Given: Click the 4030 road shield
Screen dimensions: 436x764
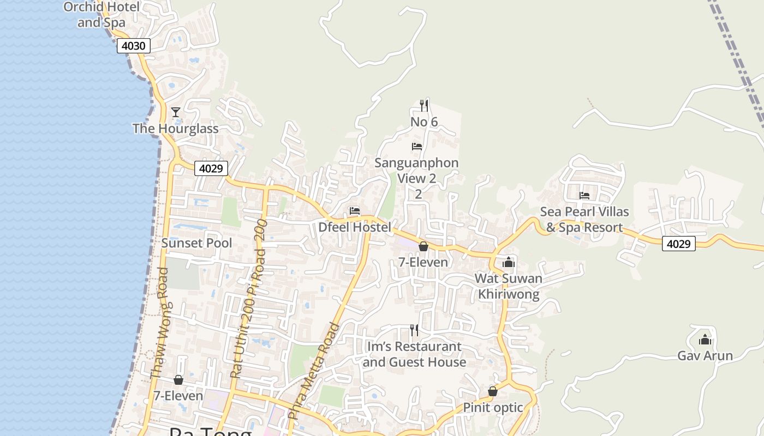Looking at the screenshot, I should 133,46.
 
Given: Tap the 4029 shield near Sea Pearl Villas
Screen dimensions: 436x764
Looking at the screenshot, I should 679,244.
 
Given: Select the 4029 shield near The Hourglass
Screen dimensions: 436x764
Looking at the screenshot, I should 211,168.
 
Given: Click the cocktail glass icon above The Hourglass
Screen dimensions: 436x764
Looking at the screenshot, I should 176,112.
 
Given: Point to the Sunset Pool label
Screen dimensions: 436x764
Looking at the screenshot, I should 196,243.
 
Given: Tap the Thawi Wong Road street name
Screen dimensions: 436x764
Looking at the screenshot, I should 159,323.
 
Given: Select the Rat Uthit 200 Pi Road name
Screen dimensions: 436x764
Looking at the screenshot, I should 249,299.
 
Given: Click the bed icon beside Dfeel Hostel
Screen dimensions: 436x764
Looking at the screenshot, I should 355,211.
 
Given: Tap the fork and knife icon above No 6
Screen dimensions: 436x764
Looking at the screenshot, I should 424,105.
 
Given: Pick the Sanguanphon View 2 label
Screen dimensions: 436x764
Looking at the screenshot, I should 417,171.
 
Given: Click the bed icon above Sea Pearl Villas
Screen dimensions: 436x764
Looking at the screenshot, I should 584,195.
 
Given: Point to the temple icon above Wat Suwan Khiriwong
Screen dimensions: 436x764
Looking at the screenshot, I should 509,262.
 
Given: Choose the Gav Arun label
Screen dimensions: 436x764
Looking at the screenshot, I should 705,356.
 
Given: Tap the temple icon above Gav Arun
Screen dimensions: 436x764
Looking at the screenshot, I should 705,340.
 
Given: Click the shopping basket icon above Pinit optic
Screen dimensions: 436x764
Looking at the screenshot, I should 493,391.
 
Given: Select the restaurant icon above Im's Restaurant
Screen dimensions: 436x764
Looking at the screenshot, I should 414,330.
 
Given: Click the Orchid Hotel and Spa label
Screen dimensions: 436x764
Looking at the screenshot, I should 102,15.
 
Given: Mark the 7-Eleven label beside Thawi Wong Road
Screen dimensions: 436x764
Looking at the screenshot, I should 178,396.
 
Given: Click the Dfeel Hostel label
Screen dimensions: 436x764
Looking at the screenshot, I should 355,227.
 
